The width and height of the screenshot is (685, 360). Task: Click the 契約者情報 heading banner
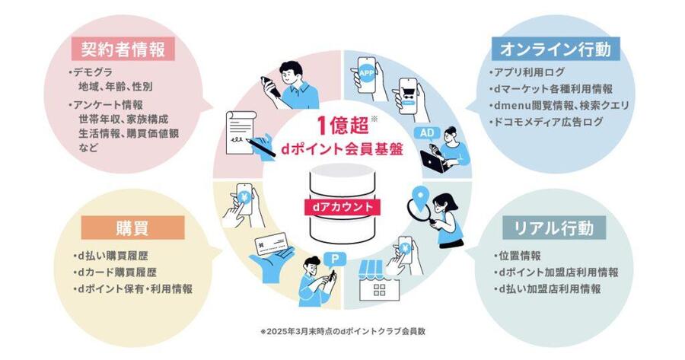pos(123,49)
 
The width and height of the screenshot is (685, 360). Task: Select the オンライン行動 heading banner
pos(556,49)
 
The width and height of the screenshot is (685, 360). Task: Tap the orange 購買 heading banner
pos(132,228)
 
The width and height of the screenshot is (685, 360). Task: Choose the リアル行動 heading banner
pos(554,228)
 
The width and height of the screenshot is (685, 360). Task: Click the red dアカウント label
pos(342,207)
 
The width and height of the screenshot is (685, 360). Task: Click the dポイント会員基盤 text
pos(342,149)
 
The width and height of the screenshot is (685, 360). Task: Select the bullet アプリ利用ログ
pos(527,72)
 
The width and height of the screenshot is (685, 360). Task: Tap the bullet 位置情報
pos(518,256)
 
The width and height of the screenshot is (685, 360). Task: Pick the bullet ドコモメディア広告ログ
pos(546,122)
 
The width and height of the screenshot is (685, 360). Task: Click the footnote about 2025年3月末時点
pos(342,331)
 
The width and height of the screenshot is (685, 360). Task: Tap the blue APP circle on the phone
pos(367,73)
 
